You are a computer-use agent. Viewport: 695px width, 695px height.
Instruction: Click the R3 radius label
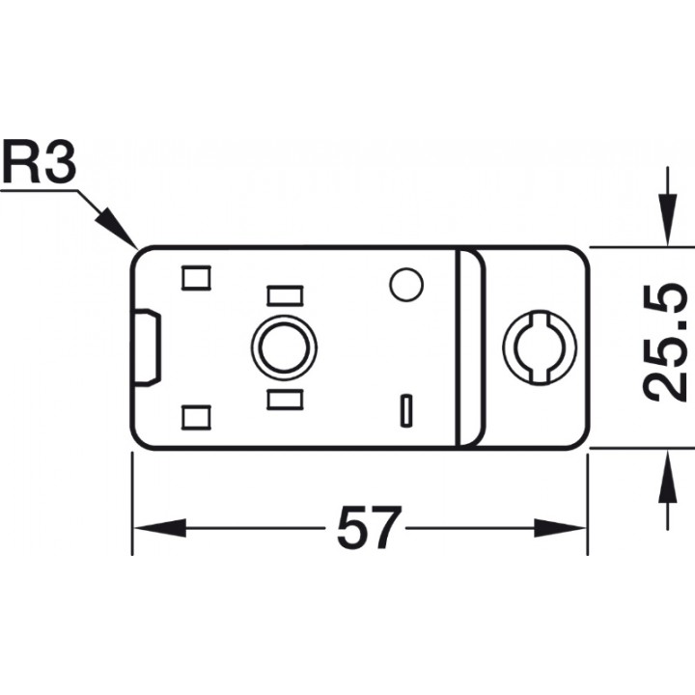(39, 162)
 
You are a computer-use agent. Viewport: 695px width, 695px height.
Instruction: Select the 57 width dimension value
(369, 527)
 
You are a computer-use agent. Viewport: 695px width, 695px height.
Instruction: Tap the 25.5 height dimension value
(664, 342)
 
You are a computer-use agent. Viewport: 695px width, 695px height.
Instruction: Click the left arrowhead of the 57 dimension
(159, 527)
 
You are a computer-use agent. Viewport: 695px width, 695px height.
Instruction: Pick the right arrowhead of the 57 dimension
(560, 527)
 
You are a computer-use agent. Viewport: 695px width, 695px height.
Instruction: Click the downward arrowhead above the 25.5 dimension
(668, 219)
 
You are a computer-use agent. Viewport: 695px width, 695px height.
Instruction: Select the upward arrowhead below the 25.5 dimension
(668, 476)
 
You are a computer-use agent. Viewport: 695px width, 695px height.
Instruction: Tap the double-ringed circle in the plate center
(285, 347)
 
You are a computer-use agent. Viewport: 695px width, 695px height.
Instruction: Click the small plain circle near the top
(406, 285)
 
